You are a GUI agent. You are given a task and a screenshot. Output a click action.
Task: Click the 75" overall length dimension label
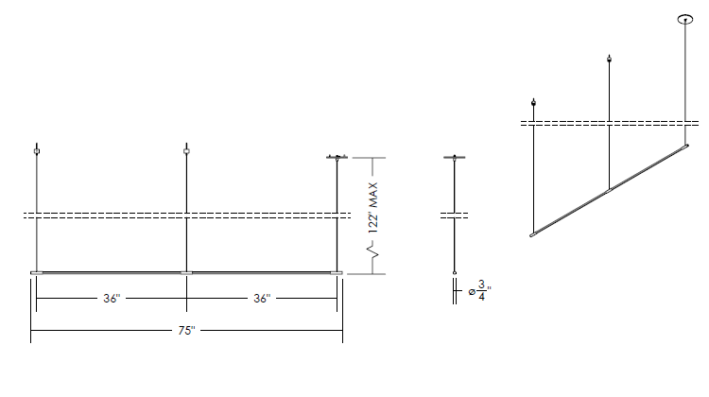(186, 331)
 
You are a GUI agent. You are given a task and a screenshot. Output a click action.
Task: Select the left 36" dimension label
(112, 299)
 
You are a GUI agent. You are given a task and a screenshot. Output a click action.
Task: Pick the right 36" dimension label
(262, 299)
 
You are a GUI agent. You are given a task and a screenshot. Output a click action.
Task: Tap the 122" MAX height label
(373, 208)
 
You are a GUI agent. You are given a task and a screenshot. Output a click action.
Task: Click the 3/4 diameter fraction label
(481, 291)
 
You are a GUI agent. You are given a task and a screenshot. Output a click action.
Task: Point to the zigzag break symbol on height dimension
(372, 250)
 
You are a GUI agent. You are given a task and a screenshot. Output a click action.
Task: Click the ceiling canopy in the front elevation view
(337, 157)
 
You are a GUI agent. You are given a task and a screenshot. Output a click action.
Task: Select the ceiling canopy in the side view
(455, 157)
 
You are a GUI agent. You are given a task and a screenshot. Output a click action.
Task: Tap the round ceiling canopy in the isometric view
(685, 19)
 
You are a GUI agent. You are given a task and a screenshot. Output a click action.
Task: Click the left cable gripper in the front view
(37, 151)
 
